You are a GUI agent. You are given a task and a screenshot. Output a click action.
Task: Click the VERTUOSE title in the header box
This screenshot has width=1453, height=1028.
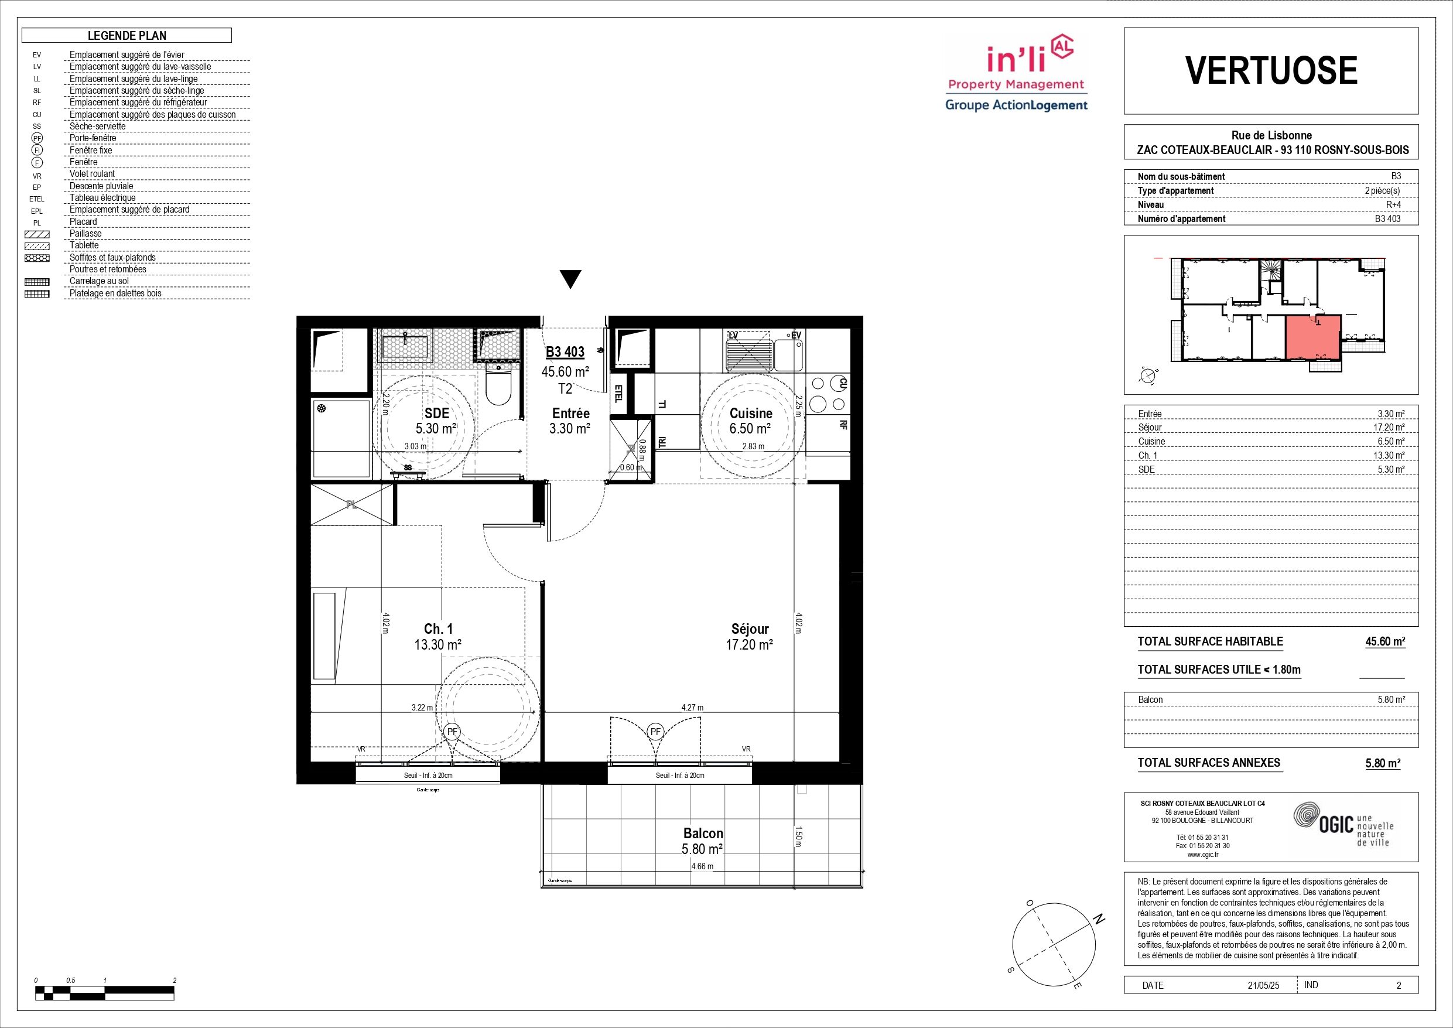click(1271, 70)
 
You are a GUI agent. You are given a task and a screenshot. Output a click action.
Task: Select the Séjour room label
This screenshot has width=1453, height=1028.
click(750, 629)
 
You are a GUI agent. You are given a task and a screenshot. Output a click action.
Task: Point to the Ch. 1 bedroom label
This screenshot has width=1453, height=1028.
click(438, 629)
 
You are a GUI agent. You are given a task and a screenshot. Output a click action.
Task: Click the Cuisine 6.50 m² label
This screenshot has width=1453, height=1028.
click(751, 421)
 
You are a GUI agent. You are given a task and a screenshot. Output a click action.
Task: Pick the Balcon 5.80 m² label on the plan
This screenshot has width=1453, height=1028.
click(702, 841)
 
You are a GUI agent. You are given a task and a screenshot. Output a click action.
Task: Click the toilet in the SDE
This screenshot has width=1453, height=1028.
click(498, 384)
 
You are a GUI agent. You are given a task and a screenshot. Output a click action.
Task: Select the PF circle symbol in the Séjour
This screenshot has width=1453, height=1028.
click(655, 732)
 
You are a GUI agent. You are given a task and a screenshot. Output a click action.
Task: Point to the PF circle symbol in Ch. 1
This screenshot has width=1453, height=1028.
click(452, 732)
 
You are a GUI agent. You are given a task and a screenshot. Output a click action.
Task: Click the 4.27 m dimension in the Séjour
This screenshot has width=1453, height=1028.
click(692, 708)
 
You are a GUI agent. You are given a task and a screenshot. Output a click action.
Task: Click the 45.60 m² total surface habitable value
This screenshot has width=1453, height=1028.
click(1385, 641)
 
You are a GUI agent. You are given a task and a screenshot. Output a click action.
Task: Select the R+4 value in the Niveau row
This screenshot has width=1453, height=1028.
click(1393, 204)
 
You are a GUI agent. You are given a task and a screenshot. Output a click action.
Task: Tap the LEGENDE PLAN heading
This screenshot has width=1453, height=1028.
click(127, 36)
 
